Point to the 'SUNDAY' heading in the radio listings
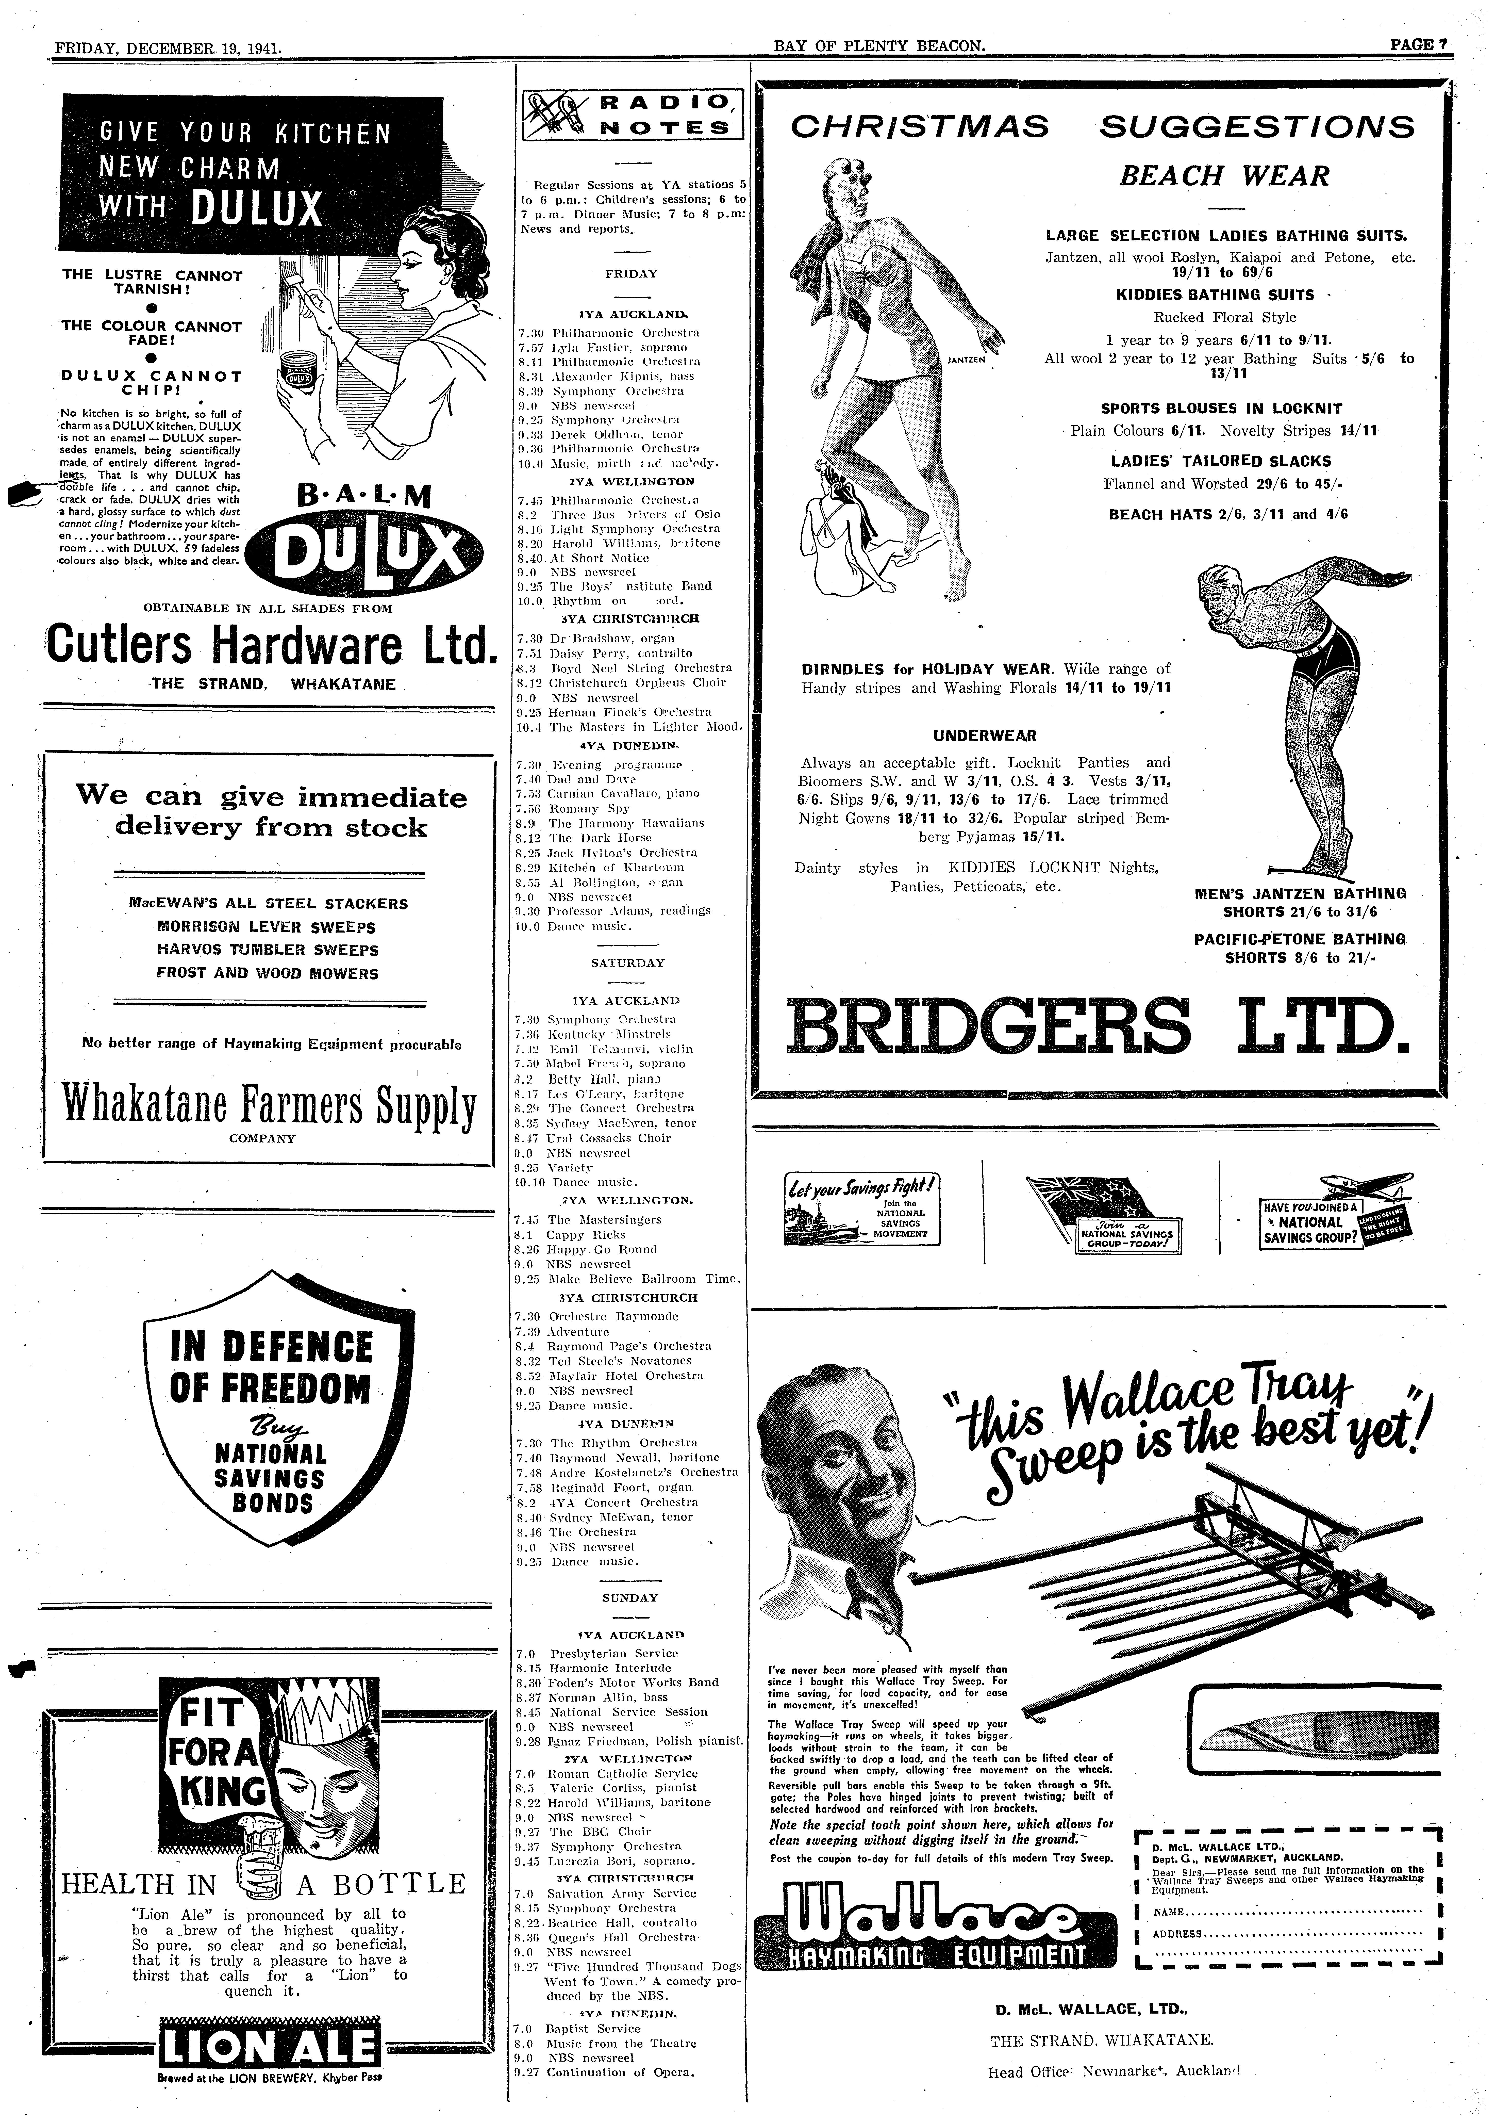[x=630, y=1597]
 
